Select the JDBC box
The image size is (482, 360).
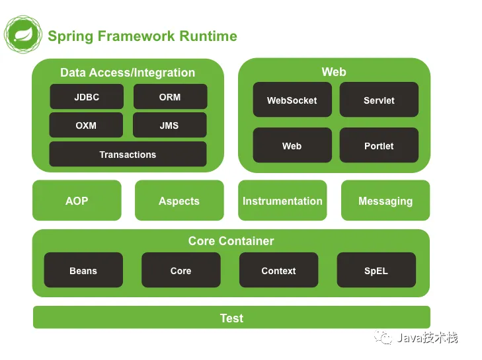coord(86,97)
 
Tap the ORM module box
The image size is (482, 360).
coord(170,97)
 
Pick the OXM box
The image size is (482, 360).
coord(86,126)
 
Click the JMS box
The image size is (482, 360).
coord(169,126)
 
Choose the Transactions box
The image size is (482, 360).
coord(128,155)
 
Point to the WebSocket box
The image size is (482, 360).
coord(292,100)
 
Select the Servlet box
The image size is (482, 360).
coord(379,100)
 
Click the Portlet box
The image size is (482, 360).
coord(379,146)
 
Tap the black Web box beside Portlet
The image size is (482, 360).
coord(292,146)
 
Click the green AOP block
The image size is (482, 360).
coord(77,201)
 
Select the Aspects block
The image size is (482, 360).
coord(179,201)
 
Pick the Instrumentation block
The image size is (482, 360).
coord(282,201)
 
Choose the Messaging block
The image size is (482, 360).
coord(385,201)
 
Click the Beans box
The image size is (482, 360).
coord(83,271)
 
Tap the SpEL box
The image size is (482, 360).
coord(376,271)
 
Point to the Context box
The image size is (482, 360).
coord(278,271)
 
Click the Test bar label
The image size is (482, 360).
coord(231,318)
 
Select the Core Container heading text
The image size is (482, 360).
coord(231,241)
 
